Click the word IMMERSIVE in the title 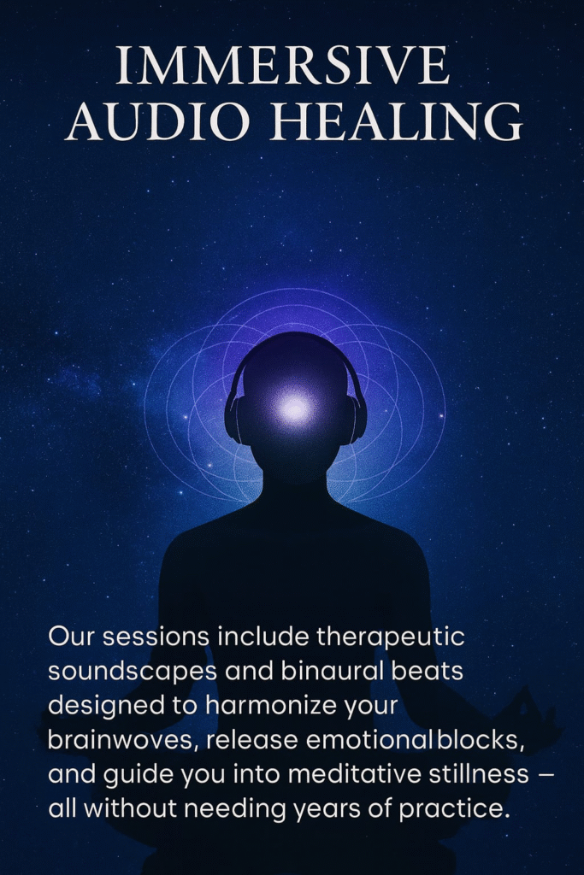pos(282,65)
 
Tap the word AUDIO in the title pos(158,121)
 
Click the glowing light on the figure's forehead pos(294,408)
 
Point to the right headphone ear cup pos(357,419)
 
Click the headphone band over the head pos(295,349)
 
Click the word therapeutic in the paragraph pos(391,637)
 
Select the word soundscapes pos(133,672)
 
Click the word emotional pos(369,741)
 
